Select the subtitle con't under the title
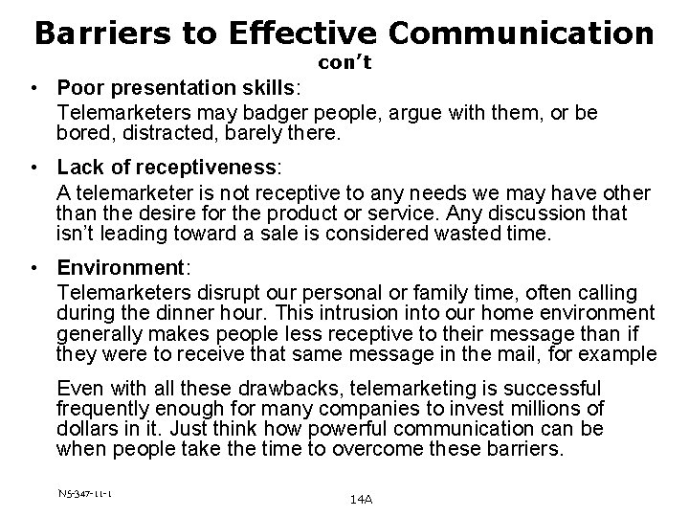(344, 64)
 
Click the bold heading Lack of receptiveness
(168, 168)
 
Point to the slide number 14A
(363, 499)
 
